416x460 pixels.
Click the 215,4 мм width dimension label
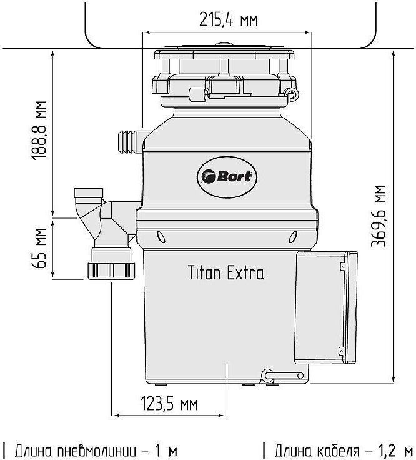click(x=229, y=20)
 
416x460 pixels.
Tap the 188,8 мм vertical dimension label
click(x=39, y=130)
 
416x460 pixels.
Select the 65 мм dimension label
click(x=39, y=248)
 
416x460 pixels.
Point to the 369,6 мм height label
click(x=379, y=216)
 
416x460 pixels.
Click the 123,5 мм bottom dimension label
click(x=169, y=404)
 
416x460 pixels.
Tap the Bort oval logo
click(x=227, y=177)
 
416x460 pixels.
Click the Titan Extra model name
click(x=225, y=272)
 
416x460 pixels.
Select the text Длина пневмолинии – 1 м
click(x=90, y=451)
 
